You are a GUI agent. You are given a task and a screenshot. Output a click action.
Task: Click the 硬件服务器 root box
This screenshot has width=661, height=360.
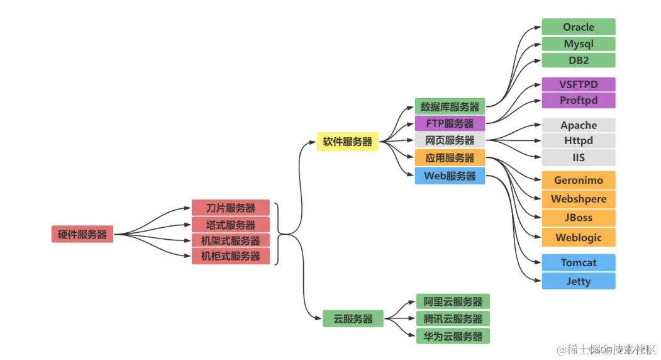point(82,235)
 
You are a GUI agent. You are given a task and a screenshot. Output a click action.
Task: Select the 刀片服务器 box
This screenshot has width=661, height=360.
point(230,208)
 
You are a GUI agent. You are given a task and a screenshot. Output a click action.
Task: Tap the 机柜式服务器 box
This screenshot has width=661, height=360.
point(230,256)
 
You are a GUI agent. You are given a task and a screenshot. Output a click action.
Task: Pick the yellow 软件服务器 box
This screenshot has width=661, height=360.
point(348,142)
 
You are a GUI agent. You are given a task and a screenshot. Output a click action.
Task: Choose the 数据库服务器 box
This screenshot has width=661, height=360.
point(449,106)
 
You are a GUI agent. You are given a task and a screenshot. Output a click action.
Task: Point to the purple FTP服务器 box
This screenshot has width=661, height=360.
point(449,123)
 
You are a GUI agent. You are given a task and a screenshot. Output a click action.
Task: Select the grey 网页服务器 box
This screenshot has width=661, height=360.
point(449,140)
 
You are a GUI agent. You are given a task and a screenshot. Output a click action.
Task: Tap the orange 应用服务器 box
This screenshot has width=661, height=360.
point(449,158)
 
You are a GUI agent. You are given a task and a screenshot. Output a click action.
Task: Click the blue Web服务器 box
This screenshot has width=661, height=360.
point(449,176)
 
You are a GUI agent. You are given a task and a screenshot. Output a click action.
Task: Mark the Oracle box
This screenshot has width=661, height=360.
point(578,27)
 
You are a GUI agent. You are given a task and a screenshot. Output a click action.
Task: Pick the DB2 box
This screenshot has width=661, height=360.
point(578,60)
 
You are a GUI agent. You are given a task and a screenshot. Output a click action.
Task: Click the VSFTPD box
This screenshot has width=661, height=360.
point(578,84)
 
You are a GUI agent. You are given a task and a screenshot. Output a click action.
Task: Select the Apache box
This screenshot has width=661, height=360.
point(578,125)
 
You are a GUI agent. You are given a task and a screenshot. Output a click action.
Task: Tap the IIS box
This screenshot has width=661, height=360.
point(578,157)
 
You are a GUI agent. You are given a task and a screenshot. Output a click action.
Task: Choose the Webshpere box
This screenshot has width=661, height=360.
point(578,199)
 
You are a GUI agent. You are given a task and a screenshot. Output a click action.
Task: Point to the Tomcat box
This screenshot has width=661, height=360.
point(578,262)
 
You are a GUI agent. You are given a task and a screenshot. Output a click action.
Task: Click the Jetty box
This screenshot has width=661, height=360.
point(578,281)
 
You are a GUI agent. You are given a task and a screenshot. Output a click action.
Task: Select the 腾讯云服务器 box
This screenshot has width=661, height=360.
point(452,318)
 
